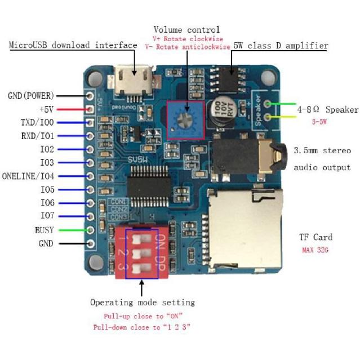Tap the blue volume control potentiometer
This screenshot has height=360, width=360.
(185, 119)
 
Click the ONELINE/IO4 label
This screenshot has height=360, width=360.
(28, 176)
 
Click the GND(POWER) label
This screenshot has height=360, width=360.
(31, 96)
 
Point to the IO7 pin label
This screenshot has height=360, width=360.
(47, 216)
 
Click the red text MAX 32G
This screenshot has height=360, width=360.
(314, 249)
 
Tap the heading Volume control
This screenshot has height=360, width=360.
(186, 29)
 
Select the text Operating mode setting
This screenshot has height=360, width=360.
(143, 303)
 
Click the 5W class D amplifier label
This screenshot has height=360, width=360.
(281, 46)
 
